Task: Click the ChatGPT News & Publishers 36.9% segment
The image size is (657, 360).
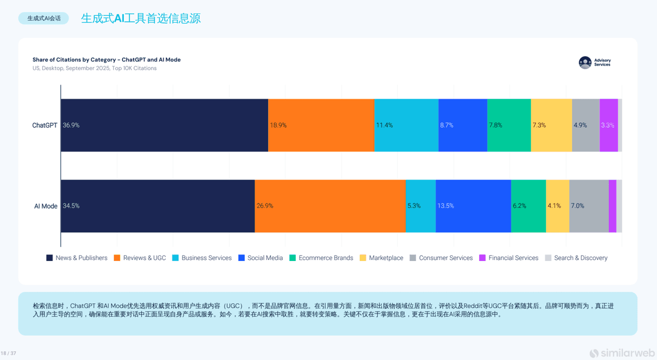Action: [164, 125]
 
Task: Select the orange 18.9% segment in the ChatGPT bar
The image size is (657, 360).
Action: [321, 125]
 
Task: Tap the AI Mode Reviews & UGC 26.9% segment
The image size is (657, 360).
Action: [330, 206]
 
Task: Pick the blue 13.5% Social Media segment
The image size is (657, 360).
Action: [473, 206]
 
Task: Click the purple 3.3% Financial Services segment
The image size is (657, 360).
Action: [608, 125]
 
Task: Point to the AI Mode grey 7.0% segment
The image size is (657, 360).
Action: [589, 206]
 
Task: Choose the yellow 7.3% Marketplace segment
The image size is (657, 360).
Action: [551, 125]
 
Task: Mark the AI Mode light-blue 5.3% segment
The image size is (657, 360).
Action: [420, 206]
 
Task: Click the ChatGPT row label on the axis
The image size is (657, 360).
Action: [44, 125]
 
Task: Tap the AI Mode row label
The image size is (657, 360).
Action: [45, 206]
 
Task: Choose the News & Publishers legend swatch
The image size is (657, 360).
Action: [49, 258]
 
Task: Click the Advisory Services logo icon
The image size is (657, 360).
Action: [585, 62]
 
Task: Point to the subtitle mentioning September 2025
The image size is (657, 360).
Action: [94, 68]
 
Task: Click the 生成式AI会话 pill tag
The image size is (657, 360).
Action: [44, 18]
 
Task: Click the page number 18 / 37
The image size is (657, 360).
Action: [9, 353]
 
